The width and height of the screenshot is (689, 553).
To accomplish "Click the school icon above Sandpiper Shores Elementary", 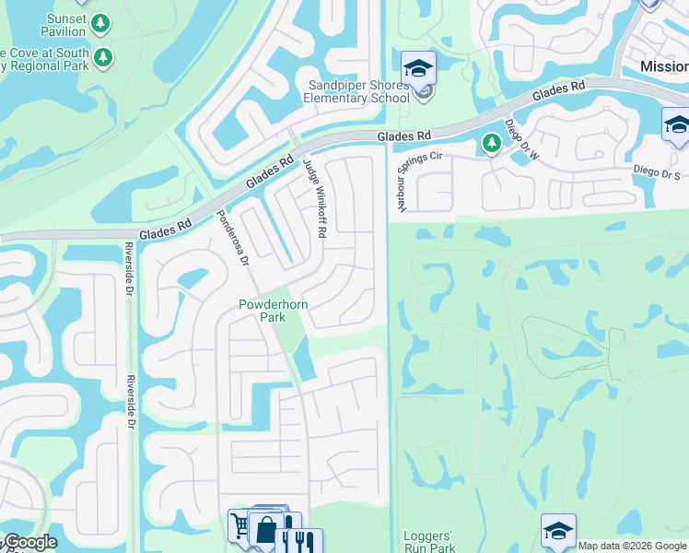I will coord(418,67).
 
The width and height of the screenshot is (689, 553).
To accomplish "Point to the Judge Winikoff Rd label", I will coord(315,197).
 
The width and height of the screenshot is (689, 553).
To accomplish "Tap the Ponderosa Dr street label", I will coord(233,237).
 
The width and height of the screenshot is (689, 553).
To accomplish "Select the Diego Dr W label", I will coord(520,139).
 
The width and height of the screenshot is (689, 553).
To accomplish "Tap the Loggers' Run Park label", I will coord(429,541).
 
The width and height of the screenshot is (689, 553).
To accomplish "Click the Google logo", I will coord(29,542).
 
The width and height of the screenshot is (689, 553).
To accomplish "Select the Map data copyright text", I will coord(632,546).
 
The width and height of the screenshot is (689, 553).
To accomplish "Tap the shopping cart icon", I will coord(242,526).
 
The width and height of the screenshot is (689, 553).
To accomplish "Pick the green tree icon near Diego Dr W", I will coord(491,143).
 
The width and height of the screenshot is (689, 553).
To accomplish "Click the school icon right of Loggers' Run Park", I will coord(558,531).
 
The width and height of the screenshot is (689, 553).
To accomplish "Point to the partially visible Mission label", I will coord(664,67).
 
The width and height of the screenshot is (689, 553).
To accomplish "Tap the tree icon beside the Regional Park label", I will coord(103,57).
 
